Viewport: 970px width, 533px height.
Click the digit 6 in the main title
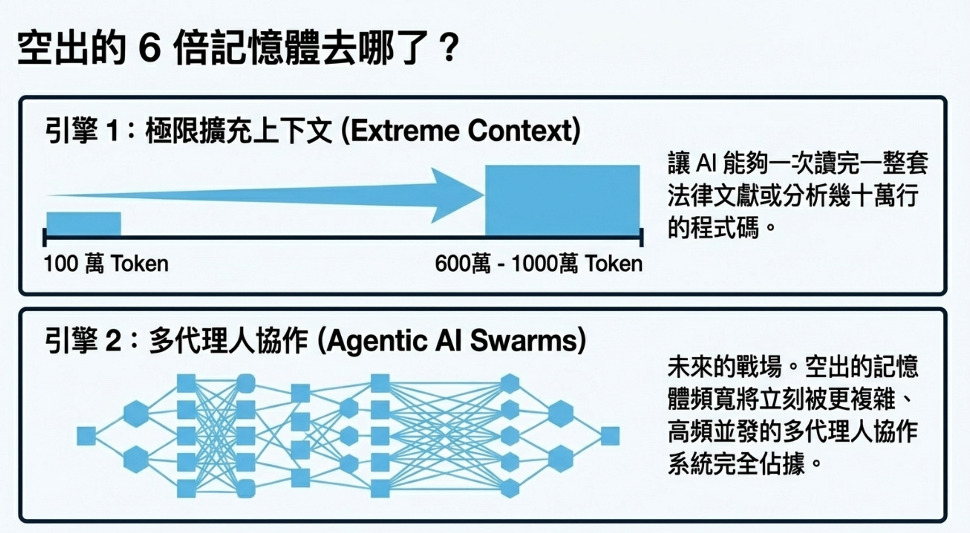150,48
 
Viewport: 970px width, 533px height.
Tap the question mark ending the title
448,48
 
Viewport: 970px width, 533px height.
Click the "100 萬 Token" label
106,263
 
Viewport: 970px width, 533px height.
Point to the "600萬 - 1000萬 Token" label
539,263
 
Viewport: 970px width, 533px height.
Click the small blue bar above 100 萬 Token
84,224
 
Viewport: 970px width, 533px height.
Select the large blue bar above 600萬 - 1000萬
562,200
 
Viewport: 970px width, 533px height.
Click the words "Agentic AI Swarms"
451,341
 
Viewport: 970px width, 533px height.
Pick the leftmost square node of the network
86,436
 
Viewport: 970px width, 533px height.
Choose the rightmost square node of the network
610,436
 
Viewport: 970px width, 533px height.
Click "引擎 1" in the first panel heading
81,131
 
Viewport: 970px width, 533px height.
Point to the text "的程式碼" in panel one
713,228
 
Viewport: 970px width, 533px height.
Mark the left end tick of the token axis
44,237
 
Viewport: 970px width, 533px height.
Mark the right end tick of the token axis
642,237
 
